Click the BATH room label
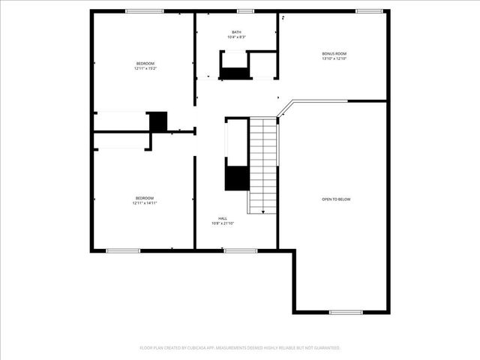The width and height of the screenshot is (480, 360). tap(236, 32)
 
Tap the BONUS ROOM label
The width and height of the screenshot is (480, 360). tap(334, 54)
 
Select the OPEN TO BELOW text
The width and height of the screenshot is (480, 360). tap(336, 199)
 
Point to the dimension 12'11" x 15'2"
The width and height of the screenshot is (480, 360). tap(145, 68)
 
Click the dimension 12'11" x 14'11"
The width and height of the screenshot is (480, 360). tap(145, 202)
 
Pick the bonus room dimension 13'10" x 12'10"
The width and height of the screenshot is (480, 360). tap(334, 59)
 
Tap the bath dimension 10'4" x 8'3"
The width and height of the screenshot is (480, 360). tap(236, 37)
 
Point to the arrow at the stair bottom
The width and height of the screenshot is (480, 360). tap(262, 211)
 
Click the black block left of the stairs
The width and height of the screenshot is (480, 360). tap(237, 178)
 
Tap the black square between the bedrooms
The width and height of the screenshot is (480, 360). tap(157, 121)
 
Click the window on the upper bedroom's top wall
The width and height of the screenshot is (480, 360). tap(145, 11)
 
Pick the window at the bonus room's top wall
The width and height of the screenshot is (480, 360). tap(368, 11)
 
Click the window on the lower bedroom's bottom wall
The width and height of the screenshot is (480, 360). tap(122, 250)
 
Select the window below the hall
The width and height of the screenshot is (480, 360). tap(241, 250)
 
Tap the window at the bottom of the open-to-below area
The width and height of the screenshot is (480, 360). tap(346, 312)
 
